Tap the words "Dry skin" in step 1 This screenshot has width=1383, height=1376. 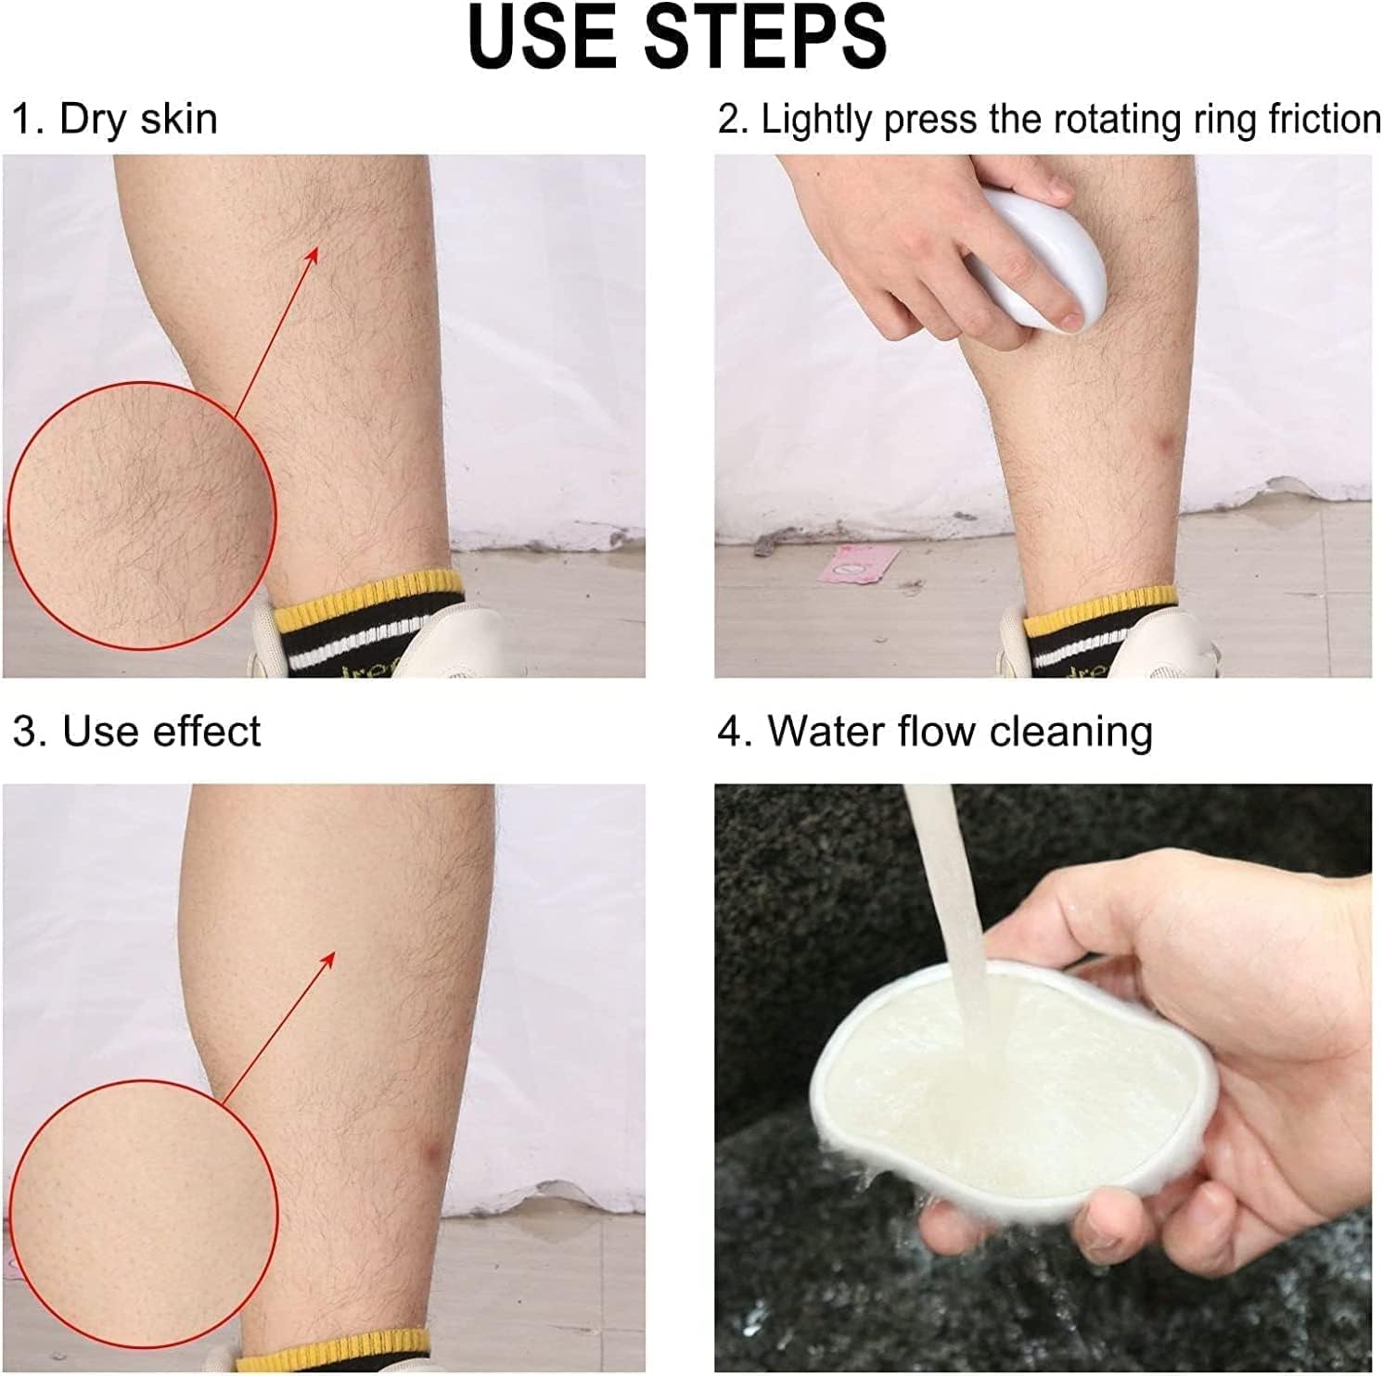tap(138, 120)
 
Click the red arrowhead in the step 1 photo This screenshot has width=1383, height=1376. tap(312, 254)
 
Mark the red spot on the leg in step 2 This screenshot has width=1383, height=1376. tap(1165, 451)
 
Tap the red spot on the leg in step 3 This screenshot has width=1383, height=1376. tap(430, 1154)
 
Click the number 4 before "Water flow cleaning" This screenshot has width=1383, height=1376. tap(730, 732)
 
